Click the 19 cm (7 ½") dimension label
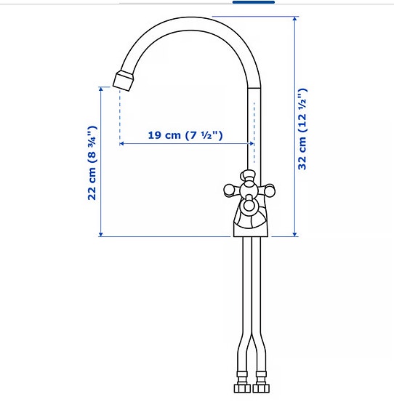click(185, 135)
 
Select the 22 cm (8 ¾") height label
click(92, 164)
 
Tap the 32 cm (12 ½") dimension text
click(303, 129)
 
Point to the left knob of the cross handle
click(230, 190)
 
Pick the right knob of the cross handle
click(270, 190)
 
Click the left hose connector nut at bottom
click(242, 385)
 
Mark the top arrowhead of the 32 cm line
click(295, 19)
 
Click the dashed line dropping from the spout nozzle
click(118, 116)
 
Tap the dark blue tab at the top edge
click(253, 2)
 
